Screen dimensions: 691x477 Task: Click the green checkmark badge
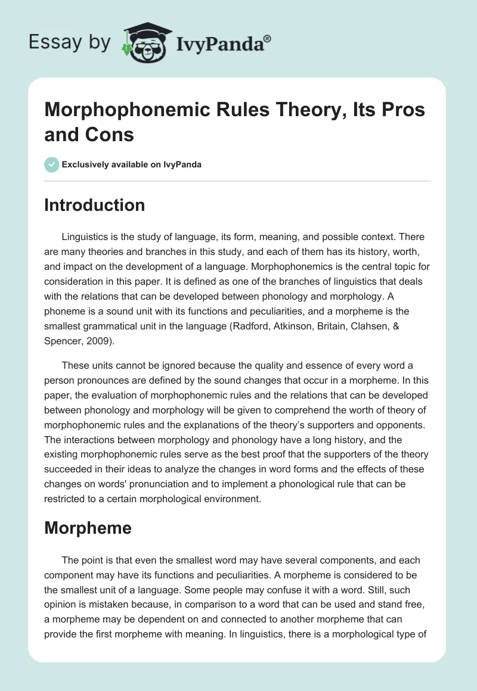pyautogui.click(x=52, y=164)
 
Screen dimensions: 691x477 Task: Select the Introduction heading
pyautogui.click(x=94, y=205)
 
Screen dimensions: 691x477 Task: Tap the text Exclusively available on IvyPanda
pyautogui.click(x=132, y=164)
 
